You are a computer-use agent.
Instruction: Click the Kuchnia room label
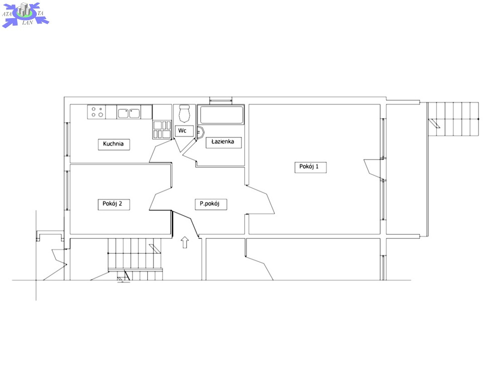[114, 144]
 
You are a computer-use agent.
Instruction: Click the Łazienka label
[223, 142]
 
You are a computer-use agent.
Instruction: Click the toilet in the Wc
[184, 114]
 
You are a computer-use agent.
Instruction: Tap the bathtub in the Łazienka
[222, 115]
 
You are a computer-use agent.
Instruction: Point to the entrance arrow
[185, 242]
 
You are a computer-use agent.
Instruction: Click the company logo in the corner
[25, 15]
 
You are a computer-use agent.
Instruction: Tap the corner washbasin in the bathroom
[201, 132]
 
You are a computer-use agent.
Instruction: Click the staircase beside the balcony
[454, 119]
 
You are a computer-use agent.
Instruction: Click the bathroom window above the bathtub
[221, 101]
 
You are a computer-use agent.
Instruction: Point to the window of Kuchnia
[67, 139]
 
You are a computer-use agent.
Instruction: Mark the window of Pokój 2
[67, 190]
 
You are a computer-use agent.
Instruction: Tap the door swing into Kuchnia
[160, 151]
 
